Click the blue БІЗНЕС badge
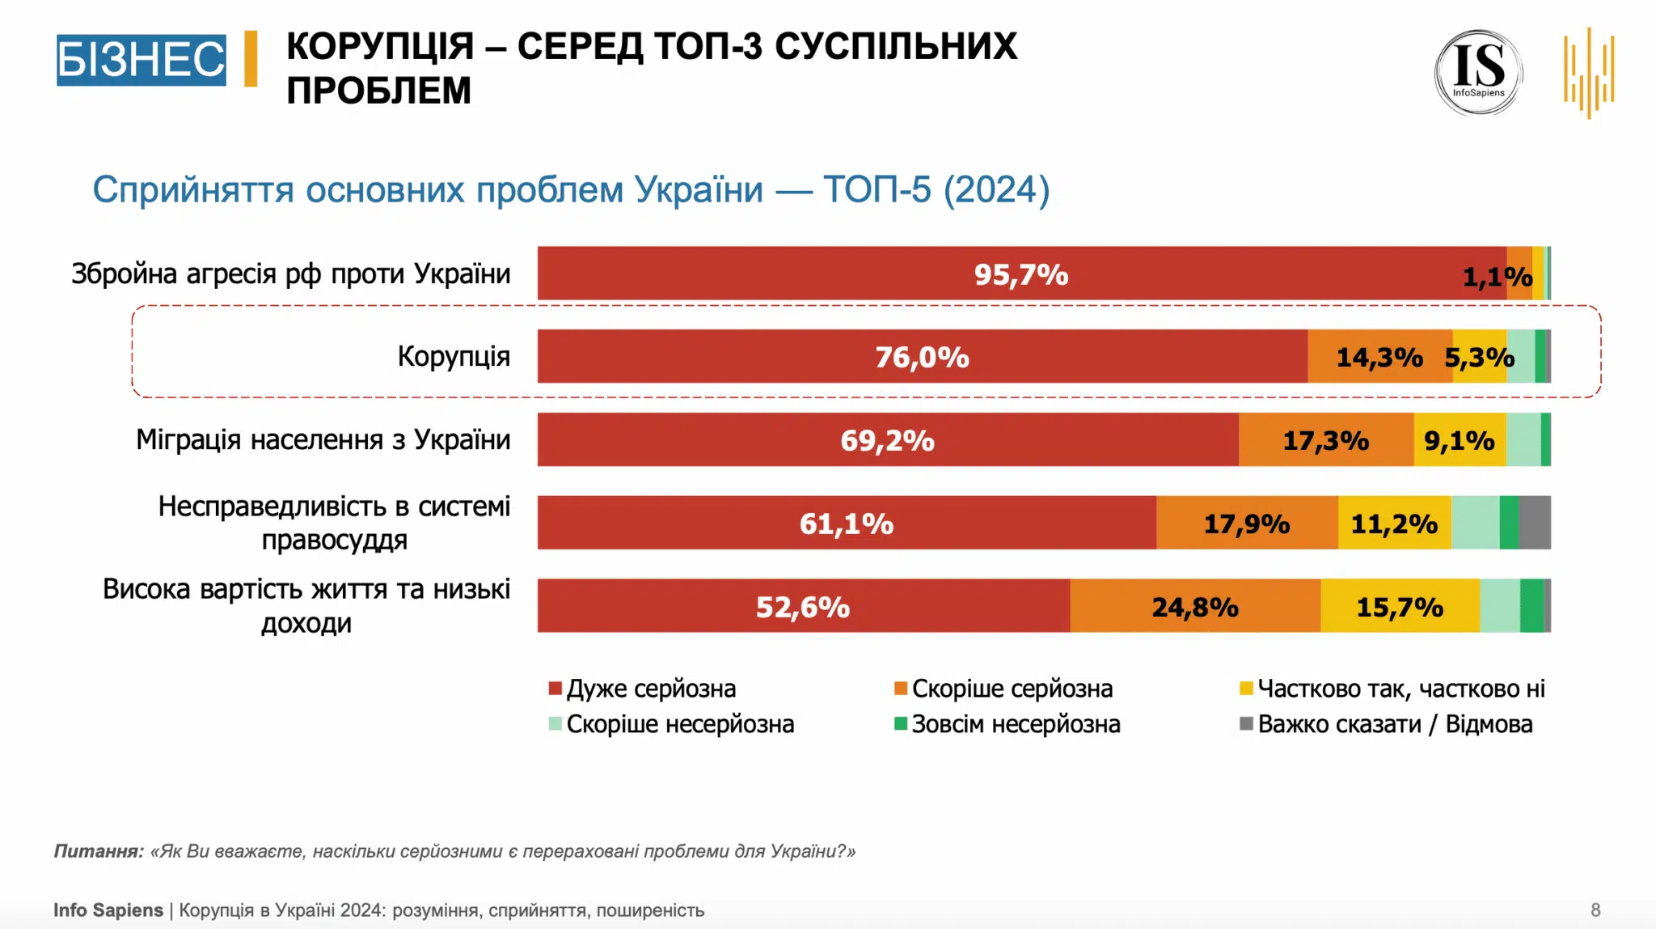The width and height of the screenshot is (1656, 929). (141, 60)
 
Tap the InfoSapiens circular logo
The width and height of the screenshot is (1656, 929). (1478, 73)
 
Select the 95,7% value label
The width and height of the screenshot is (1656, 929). (1020, 275)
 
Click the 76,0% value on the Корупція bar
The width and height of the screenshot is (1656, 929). (922, 357)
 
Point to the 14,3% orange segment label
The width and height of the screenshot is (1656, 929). (1379, 357)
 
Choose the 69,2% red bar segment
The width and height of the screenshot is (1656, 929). (887, 440)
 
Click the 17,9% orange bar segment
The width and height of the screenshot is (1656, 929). (1246, 524)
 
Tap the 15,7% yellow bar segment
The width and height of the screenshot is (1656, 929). (1399, 607)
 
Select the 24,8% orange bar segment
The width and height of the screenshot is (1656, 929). (1194, 607)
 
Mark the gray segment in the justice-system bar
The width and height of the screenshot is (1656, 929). (1534, 523)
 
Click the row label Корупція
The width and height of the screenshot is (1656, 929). (454, 356)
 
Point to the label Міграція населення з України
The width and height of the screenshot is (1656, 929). (323, 439)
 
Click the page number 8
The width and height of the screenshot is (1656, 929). (1595, 910)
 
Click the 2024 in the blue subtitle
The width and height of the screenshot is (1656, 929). (996, 190)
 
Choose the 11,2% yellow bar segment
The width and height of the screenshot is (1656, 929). (1394, 524)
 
